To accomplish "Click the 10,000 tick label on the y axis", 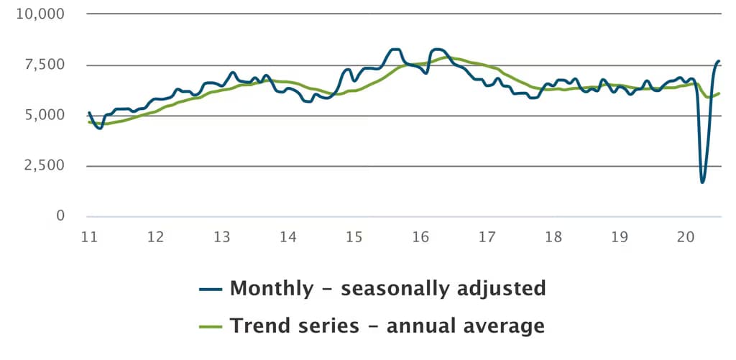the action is (40, 14).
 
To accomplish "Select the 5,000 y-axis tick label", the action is (44, 115).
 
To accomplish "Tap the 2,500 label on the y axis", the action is (44, 165).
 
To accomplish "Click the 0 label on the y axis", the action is (60, 216).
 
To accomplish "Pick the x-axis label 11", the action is (89, 237).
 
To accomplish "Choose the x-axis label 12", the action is (155, 237).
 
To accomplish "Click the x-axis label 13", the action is (221, 237).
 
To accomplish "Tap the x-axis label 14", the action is (287, 237).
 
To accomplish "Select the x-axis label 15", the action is (354, 237).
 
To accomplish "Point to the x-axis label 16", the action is (420, 237).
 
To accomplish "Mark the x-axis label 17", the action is (487, 237).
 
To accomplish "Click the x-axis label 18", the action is (553, 237).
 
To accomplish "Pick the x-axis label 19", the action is (620, 237).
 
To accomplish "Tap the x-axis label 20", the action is (686, 237).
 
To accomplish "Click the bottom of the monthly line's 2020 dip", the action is (702, 182).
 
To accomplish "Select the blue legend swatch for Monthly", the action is (211, 289).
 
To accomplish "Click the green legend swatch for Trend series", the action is (211, 326).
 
